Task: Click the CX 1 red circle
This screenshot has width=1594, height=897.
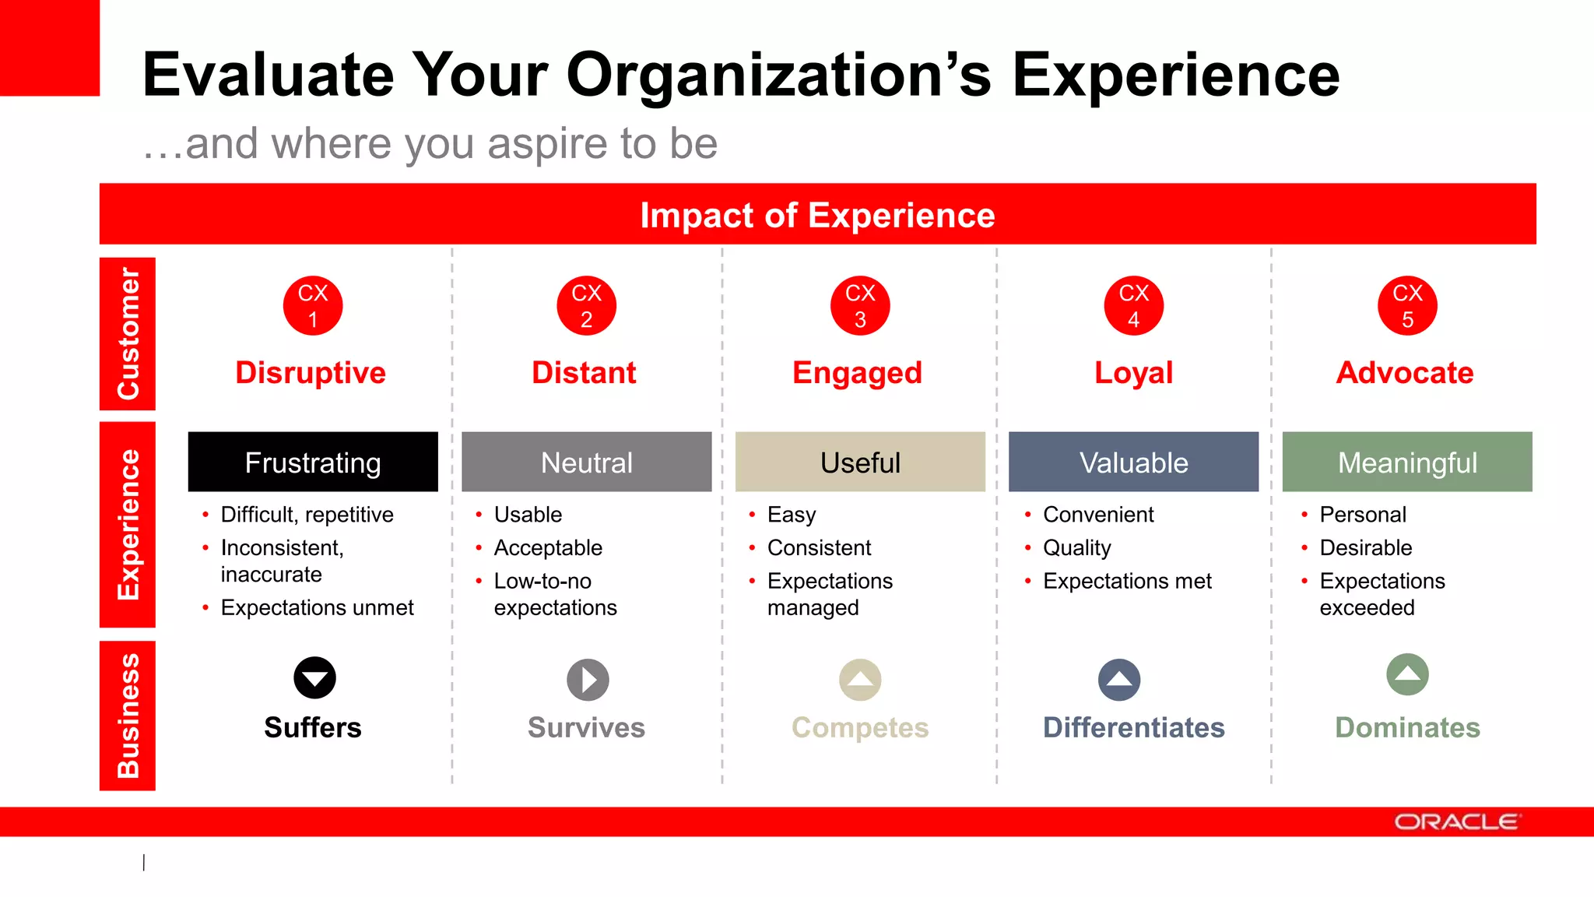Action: click(x=313, y=305)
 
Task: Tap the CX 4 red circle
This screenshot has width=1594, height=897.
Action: click(x=1133, y=305)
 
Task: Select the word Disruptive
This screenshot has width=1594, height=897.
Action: click(x=311, y=372)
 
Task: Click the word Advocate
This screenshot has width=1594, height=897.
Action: click(x=1405, y=372)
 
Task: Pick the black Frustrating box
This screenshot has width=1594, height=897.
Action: click(x=313, y=462)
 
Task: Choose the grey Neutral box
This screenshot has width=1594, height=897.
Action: click(x=586, y=462)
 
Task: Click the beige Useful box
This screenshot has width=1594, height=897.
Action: click(x=860, y=462)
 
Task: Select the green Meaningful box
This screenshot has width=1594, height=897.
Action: click(x=1407, y=462)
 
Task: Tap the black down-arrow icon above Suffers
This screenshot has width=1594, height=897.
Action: click(x=314, y=677)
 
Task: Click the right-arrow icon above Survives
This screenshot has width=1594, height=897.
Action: click(x=588, y=680)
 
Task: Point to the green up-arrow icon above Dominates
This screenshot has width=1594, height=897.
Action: click(x=1407, y=674)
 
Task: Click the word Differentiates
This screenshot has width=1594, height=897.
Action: click(x=1133, y=727)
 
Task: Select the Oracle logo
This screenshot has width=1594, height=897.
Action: click(x=1455, y=822)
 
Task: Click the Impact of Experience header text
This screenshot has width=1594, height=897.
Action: click(x=817, y=215)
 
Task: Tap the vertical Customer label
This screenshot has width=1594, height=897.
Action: click(x=128, y=333)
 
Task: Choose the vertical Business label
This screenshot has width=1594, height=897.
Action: click(x=128, y=715)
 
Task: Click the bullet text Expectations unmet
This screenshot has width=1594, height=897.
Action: click(x=317, y=607)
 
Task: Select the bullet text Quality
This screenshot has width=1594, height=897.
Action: click(x=1076, y=547)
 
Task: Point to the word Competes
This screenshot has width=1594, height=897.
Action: click(x=860, y=727)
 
